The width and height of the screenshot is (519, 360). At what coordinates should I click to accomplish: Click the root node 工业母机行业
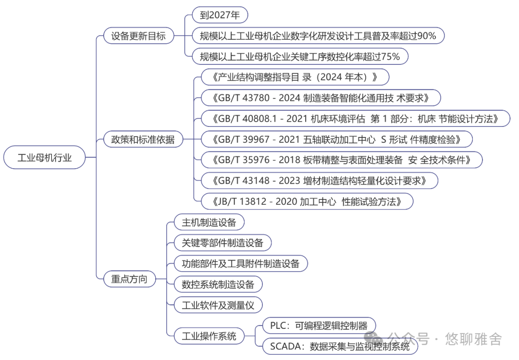[x=45, y=157]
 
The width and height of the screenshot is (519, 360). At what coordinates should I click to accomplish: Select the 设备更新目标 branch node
[x=138, y=36]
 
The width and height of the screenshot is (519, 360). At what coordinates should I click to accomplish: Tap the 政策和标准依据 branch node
[x=143, y=139]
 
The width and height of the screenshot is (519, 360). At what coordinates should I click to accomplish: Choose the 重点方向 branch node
[x=129, y=279]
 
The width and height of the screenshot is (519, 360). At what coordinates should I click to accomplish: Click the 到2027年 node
[x=220, y=15]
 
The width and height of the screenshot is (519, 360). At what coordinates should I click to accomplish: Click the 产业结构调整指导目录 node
[x=295, y=77]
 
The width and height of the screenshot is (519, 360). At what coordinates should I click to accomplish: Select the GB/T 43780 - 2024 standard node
[x=321, y=98]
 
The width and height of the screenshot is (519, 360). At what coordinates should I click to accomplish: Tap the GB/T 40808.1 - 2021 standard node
[x=355, y=119]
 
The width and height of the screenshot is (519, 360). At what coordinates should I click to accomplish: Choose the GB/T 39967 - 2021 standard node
[x=336, y=139]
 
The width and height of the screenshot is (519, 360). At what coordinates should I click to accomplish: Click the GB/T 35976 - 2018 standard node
[x=341, y=160]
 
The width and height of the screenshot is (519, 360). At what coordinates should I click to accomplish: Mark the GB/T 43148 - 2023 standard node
[x=319, y=181]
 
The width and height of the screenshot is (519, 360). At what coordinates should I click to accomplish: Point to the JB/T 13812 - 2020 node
[x=307, y=201]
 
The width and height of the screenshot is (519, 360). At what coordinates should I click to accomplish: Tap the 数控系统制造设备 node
[x=218, y=284]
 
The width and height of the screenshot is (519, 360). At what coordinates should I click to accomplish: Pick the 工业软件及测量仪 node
[x=218, y=305]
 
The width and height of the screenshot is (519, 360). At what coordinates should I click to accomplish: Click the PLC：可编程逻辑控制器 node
[x=319, y=325]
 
